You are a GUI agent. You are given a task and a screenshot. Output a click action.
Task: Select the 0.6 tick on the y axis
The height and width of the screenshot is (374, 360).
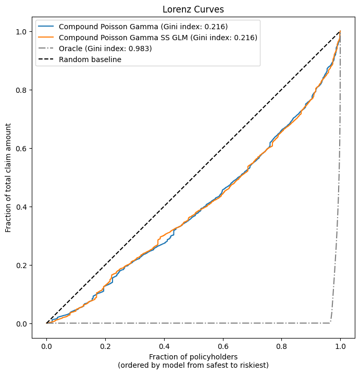point(21,149)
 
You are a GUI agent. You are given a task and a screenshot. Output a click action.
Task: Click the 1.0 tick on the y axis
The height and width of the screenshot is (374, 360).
point(21,32)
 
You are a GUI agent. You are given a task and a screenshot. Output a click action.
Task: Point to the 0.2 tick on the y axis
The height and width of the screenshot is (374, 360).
point(21,266)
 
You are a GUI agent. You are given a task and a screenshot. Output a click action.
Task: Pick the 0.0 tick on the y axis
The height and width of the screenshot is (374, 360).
point(21,324)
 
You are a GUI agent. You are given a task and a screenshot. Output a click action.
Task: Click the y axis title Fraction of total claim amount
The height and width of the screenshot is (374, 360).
point(8,178)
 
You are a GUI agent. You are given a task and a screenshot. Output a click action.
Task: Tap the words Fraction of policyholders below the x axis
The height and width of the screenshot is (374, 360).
point(193,356)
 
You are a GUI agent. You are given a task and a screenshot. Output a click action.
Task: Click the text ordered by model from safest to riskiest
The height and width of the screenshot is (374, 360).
point(193,365)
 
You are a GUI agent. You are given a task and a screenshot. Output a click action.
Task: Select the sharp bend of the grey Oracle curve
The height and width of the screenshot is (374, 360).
point(330,323)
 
